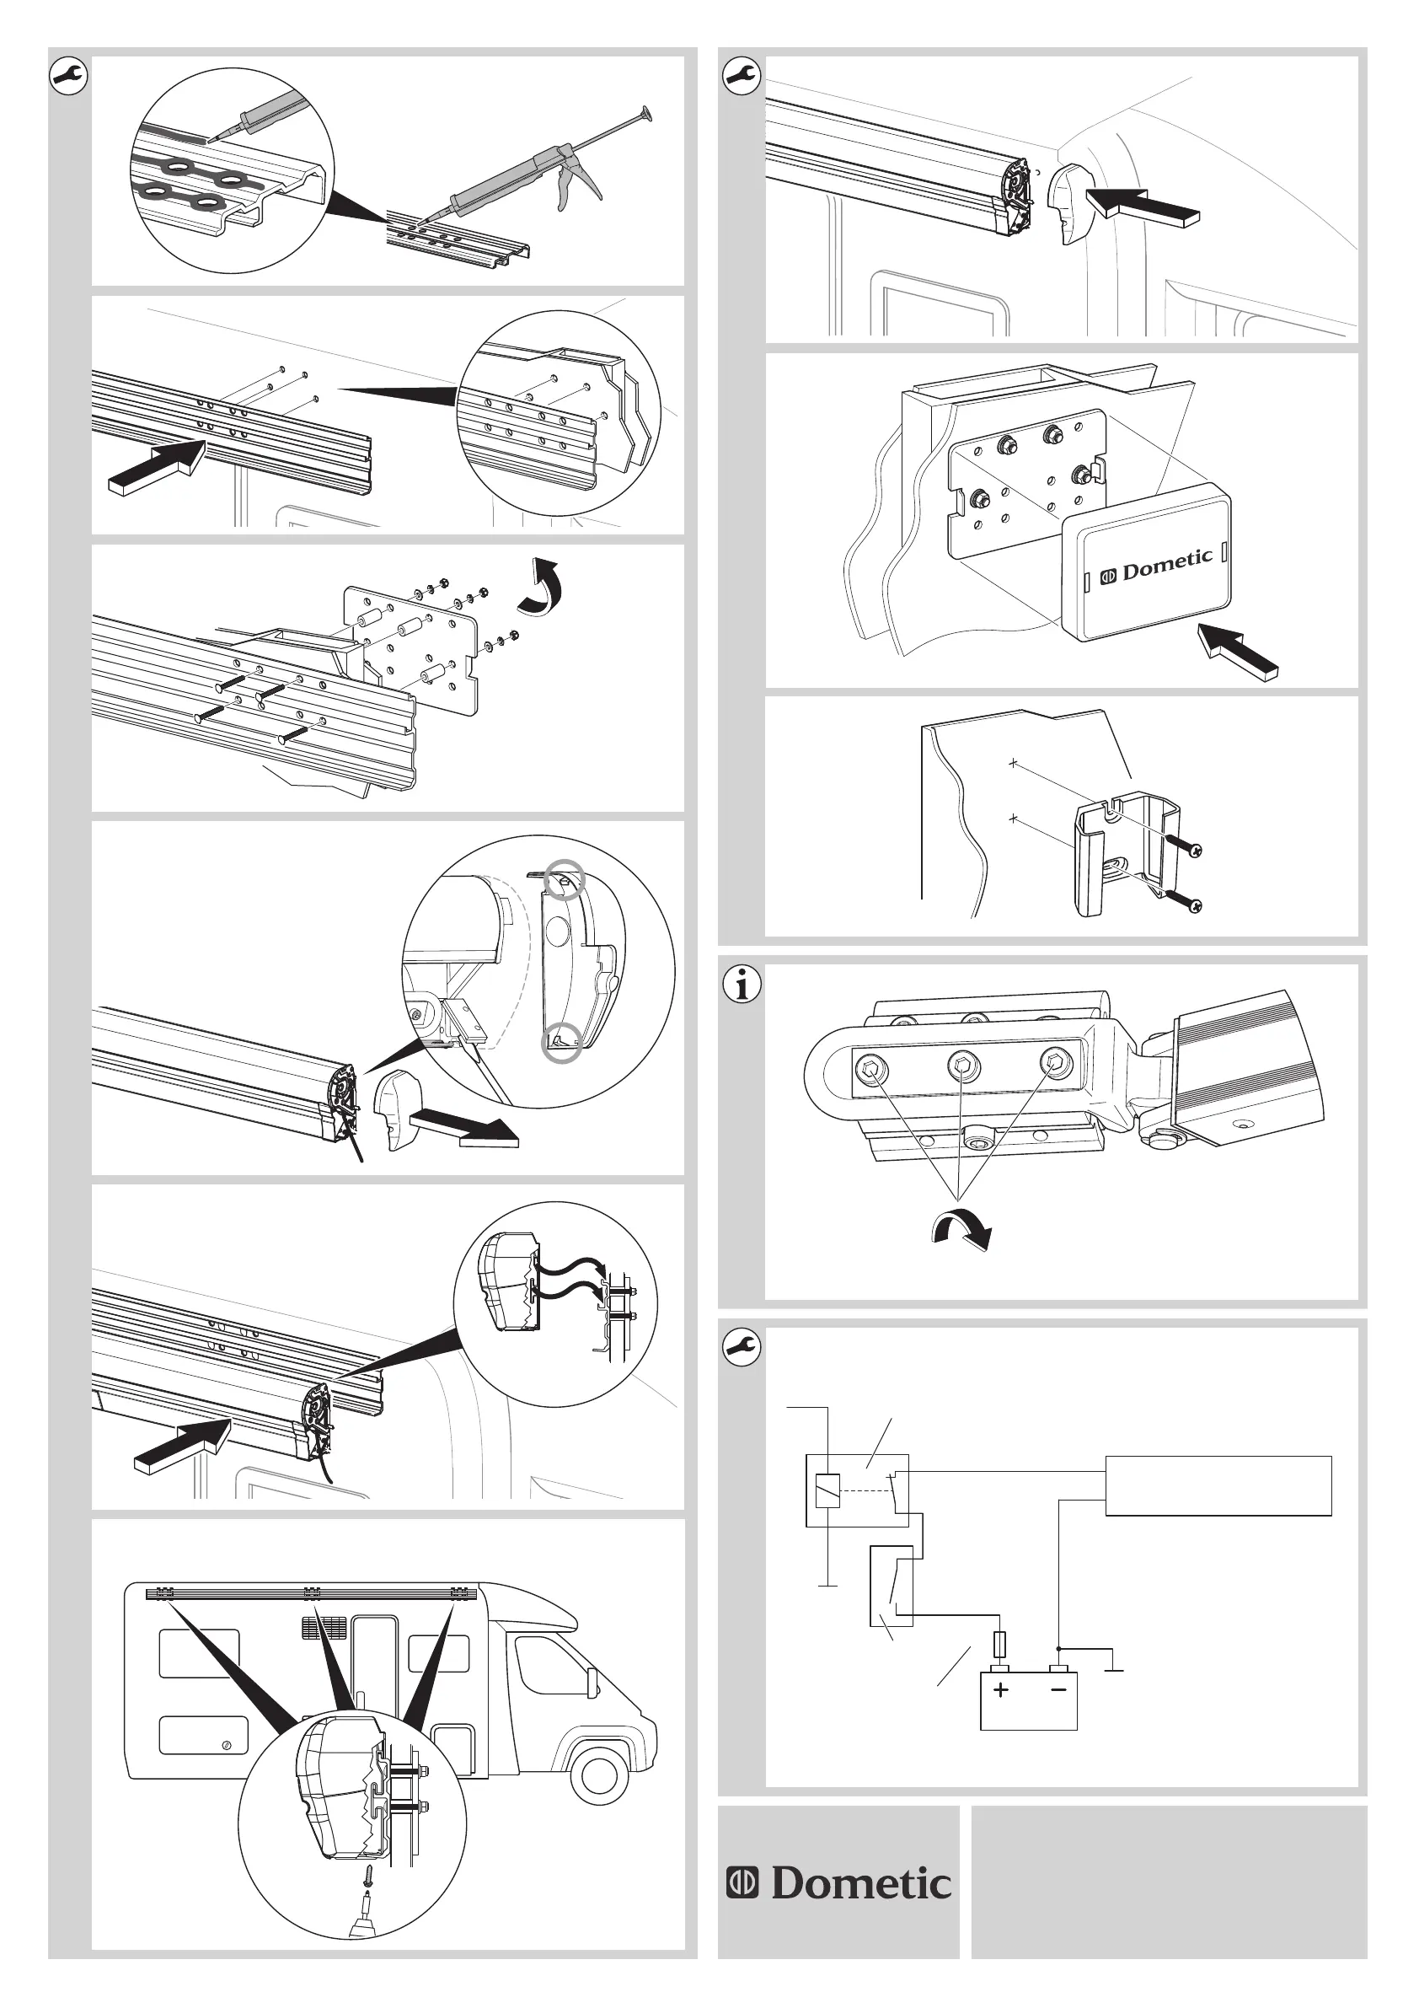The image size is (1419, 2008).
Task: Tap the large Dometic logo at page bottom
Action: [838, 1883]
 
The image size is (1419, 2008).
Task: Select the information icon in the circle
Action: [742, 985]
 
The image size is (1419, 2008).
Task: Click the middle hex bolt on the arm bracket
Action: [963, 1066]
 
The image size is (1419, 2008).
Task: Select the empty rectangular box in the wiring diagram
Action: [1218, 1485]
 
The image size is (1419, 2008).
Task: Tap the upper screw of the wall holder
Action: [1185, 846]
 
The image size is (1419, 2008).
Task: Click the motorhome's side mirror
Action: [592, 1679]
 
